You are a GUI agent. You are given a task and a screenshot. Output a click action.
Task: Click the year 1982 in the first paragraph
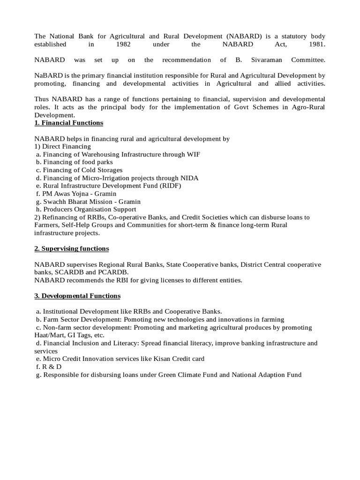(123, 45)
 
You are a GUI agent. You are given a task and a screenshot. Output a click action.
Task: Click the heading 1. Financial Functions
(69, 123)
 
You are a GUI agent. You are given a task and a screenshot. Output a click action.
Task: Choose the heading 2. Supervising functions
(72, 248)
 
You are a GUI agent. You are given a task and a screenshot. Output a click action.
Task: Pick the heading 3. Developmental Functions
(77, 296)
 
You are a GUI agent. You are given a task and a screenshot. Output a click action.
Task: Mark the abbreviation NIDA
(190, 178)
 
